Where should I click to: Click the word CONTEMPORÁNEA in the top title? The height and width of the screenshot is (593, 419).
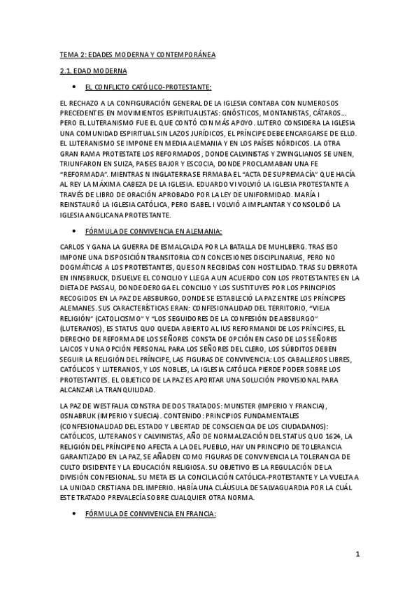[183, 54]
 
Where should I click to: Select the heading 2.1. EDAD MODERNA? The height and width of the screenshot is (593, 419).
[93, 71]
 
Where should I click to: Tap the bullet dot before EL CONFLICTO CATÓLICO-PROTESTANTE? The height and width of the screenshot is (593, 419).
[74, 87]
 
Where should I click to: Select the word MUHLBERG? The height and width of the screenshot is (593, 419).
[267, 248]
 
